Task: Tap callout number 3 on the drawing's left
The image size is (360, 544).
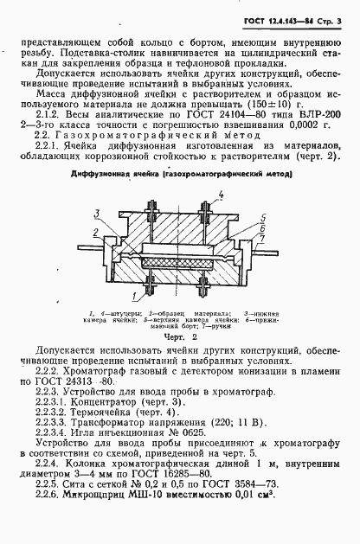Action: [102, 212]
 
